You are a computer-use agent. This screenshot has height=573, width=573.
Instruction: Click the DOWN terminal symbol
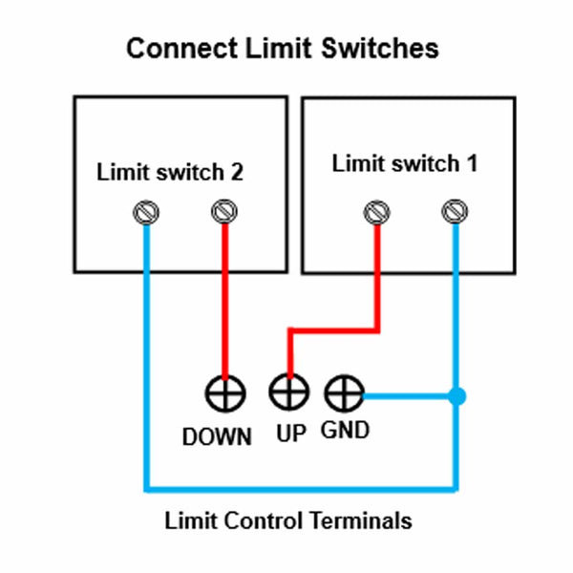pyautogui.click(x=224, y=393)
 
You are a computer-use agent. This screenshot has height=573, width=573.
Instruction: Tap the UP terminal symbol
pyautogui.click(x=287, y=392)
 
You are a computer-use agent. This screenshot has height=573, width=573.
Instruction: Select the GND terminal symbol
pyautogui.click(x=344, y=393)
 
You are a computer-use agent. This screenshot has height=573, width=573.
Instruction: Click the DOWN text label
pyautogui.click(x=218, y=437)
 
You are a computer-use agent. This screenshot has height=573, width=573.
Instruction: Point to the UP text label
pyautogui.click(x=290, y=434)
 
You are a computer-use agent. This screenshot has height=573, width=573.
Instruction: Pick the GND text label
pyautogui.click(x=345, y=431)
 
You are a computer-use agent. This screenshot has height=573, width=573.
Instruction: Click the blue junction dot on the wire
pyautogui.click(x=457, y=394)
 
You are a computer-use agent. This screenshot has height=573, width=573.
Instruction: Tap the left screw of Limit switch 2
pyautogui.click(x=145, y=212)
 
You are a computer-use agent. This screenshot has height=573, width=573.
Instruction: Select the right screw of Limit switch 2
pyautogui.click(x=224, y=210)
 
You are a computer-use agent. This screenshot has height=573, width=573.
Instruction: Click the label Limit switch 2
pyautogui.click(x=170, y=173)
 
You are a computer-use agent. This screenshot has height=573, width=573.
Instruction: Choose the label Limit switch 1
pyautogui.click(x=404, y=163)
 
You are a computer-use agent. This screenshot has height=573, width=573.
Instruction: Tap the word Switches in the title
pyautogui.click(x=379, y=49)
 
